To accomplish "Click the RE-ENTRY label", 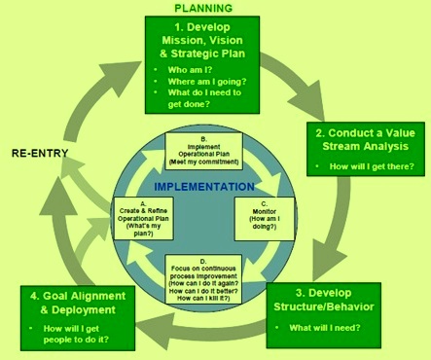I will pos(43,154).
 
